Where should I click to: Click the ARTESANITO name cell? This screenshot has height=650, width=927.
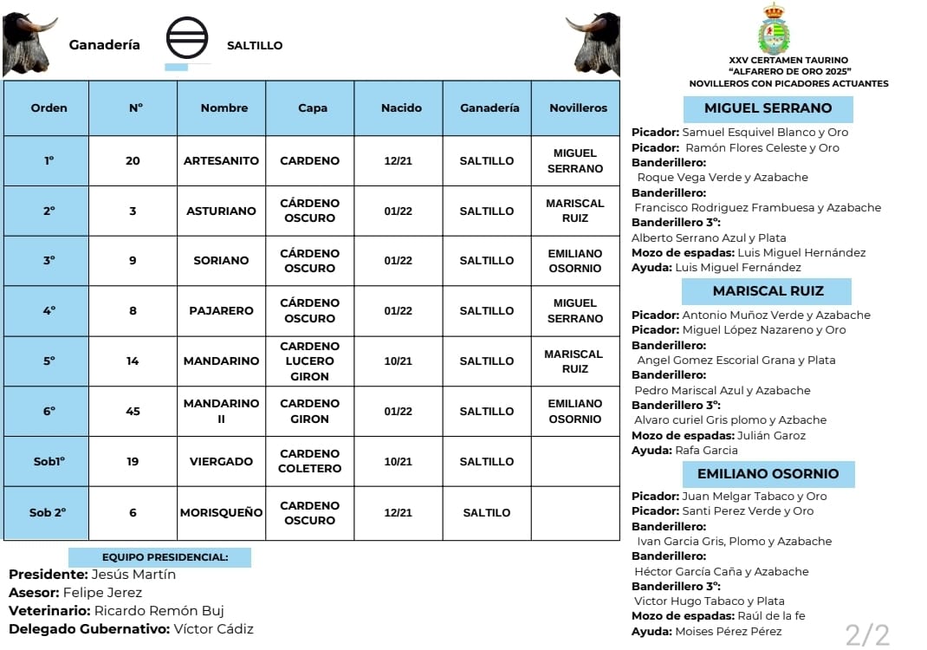[x=221, y=160]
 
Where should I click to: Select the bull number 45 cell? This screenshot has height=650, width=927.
[x=133, y=411]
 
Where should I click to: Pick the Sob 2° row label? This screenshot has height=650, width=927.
[x=48, y=512]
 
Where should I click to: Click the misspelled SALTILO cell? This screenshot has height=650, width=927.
[x=487, y=512]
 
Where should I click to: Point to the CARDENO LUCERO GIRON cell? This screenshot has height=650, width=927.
[x=309, y=361]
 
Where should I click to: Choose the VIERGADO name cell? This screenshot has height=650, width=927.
[x=221, y=461]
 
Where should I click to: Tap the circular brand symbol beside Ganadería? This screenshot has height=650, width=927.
[x=187, y=41]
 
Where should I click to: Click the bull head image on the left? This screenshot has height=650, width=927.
[x=29, y=43]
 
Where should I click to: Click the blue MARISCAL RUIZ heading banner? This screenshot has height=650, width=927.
[x=768, y=291]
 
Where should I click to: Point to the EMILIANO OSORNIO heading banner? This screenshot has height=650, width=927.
[x=768, y=474]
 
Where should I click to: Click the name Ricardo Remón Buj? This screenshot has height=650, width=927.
[x=164, y=610]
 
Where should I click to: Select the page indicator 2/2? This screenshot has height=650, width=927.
[x=867, y=634]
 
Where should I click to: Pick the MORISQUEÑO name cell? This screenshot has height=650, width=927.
[x=221, y=512]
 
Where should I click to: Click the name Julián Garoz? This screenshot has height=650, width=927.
[x=771, y=435]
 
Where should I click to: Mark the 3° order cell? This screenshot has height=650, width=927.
[x=48, y=260]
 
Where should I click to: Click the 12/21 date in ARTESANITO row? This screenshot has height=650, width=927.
[x=398, y=160]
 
